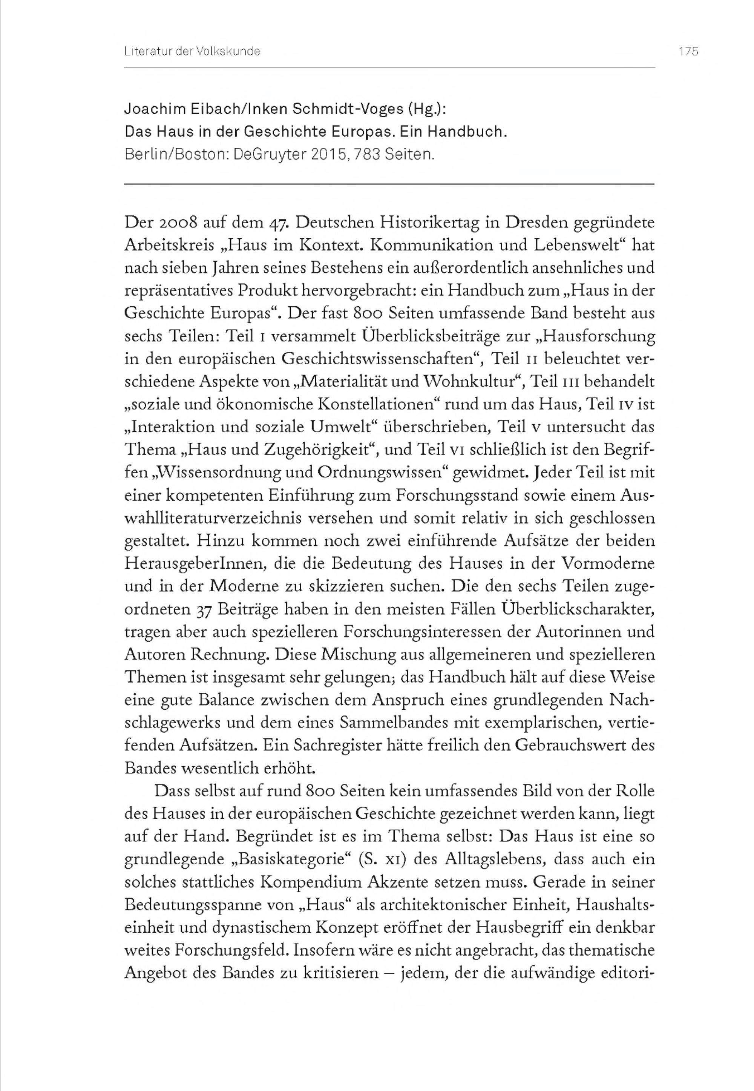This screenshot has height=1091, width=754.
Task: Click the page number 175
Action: (688, 52)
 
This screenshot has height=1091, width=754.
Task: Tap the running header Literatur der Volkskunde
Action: (192, 52)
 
